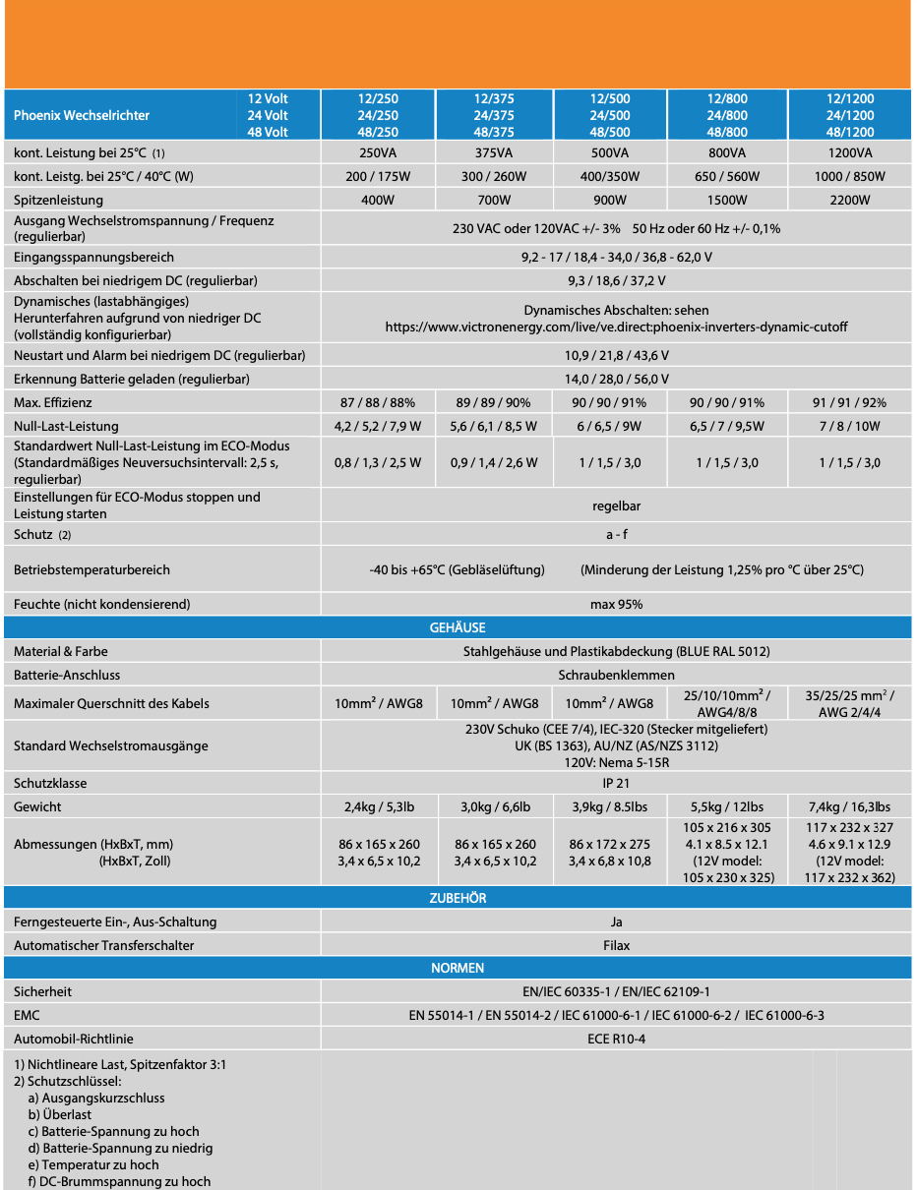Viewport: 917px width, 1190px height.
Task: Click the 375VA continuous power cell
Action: (x=493, y=152)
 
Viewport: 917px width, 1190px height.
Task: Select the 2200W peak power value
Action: (x=850, y=200)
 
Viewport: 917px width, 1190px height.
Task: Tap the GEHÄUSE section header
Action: (x=458, y=627)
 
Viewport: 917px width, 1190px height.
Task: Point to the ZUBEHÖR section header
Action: (x=458, y=898)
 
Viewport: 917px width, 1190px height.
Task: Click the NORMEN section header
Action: (x=458, y=968)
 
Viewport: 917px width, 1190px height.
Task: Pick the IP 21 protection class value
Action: (x=616, y=783)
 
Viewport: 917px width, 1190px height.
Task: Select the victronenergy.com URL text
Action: (x=616, y=327)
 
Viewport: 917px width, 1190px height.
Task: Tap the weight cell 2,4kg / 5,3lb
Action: (x=378, y=806)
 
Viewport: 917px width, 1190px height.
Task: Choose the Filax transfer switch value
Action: (x=616, y=945)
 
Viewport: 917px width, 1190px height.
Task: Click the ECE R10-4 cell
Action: (x=616, y=1039)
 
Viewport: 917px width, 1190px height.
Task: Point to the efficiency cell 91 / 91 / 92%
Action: (x=850, y=402)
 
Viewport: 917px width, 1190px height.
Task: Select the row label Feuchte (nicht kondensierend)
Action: (x=102, y=604)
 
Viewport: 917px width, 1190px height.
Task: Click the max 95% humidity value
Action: (x=616, y=604)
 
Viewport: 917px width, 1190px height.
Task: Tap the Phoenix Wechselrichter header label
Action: (x=82, y=115)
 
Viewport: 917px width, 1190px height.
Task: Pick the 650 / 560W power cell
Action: (x=727, y=176)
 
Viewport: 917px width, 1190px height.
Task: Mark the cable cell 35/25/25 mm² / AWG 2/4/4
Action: (x=850, y=703)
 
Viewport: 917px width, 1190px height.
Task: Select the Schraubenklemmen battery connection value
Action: (x=616, y=675)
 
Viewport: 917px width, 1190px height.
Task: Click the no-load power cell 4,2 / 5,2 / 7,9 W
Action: (x=378, y=426)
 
